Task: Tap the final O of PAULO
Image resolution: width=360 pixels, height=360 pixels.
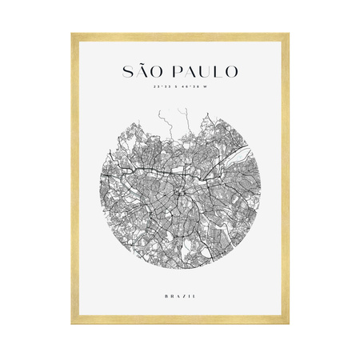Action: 231,71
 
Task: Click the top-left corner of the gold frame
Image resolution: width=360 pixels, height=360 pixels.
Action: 72,34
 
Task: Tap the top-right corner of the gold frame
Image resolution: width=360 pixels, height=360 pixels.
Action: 288,34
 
